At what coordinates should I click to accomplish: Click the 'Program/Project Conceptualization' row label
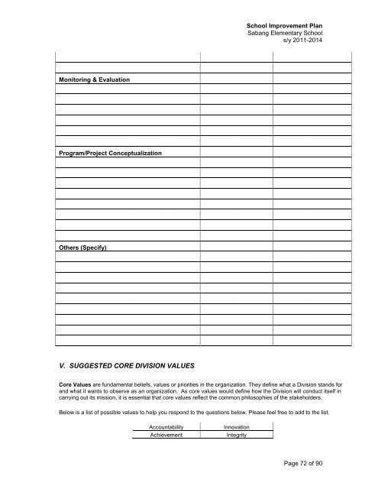pos(108,154)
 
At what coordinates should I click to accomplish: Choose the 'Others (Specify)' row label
pos(80,248)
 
